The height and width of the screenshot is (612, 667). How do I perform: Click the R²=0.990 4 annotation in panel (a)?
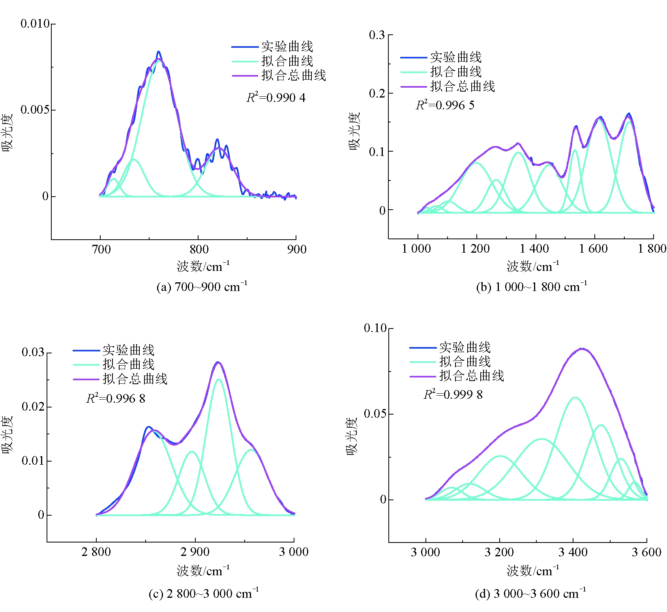276,98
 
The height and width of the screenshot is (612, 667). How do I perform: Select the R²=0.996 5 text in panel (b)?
445,105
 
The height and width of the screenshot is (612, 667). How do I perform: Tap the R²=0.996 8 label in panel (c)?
116,398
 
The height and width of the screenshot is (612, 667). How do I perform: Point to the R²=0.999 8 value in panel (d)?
453,394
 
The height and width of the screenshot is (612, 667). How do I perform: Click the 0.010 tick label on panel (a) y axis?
35,24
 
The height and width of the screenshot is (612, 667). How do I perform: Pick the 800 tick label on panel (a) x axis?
199,249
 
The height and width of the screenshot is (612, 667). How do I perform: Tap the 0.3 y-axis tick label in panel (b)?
377,35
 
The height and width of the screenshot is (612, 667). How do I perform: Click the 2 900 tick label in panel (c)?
195,552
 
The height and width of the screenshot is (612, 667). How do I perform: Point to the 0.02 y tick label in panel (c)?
33,407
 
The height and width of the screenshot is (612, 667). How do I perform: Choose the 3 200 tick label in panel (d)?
499,552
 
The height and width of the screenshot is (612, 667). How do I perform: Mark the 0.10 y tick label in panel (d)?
375,328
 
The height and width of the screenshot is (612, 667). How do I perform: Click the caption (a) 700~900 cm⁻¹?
202,287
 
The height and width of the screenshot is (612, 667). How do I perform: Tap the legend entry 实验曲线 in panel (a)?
287,47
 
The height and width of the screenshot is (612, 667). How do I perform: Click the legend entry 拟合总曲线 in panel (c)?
135,379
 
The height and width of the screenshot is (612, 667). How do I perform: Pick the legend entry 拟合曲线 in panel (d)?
465,362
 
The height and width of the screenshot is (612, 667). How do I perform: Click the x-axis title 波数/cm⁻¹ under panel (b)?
532,267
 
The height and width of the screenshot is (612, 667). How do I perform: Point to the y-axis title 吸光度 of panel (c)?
7,435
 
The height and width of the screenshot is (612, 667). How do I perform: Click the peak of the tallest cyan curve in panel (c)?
218,379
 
